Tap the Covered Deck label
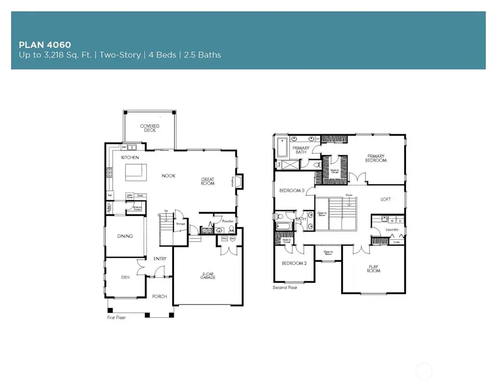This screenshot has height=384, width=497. (x=149, y=128)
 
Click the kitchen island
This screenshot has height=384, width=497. (x=135, y=173)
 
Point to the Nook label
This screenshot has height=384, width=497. (x=168, y=176)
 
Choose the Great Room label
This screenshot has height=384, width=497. (x=211, y=181)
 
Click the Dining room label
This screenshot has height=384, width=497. (x=125, y=236)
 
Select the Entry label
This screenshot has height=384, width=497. (x=160, y=259)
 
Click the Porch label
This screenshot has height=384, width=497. (x=159, y=297)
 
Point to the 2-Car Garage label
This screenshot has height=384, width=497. (x=208, y=276)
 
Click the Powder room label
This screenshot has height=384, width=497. (x=228, y=221)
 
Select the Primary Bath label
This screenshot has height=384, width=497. (x=300, y=150)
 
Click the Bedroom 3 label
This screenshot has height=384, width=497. (x=291, y=191)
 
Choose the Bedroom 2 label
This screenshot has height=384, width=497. (x=293, y=264)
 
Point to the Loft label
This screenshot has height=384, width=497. (x=385, y=199)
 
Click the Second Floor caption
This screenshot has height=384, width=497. (x=285, y=288)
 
